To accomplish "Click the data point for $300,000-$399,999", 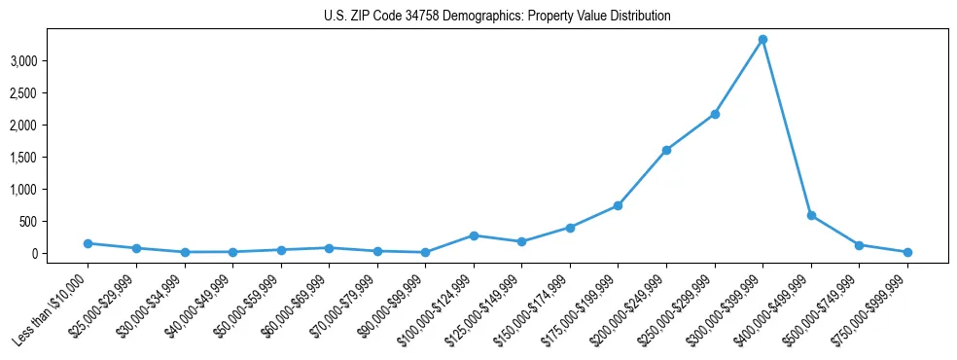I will click(762, 40).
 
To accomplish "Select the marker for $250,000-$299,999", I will click(715, 114).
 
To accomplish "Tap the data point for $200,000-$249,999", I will click(666, 150).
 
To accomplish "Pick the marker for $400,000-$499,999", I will click(811, 215).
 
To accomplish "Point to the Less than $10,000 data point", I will click(88, 243).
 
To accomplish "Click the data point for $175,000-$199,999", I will click(618, 206).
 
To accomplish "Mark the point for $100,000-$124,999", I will click(474, 235).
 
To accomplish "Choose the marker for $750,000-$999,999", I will click(907, 252).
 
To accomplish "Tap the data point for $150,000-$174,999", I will click(570, 228).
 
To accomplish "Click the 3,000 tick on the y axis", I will click(50, 60).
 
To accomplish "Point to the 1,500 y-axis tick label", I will click(50, 157).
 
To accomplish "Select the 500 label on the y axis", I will click(54, 221).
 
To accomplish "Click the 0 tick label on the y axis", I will click(60, 253).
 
